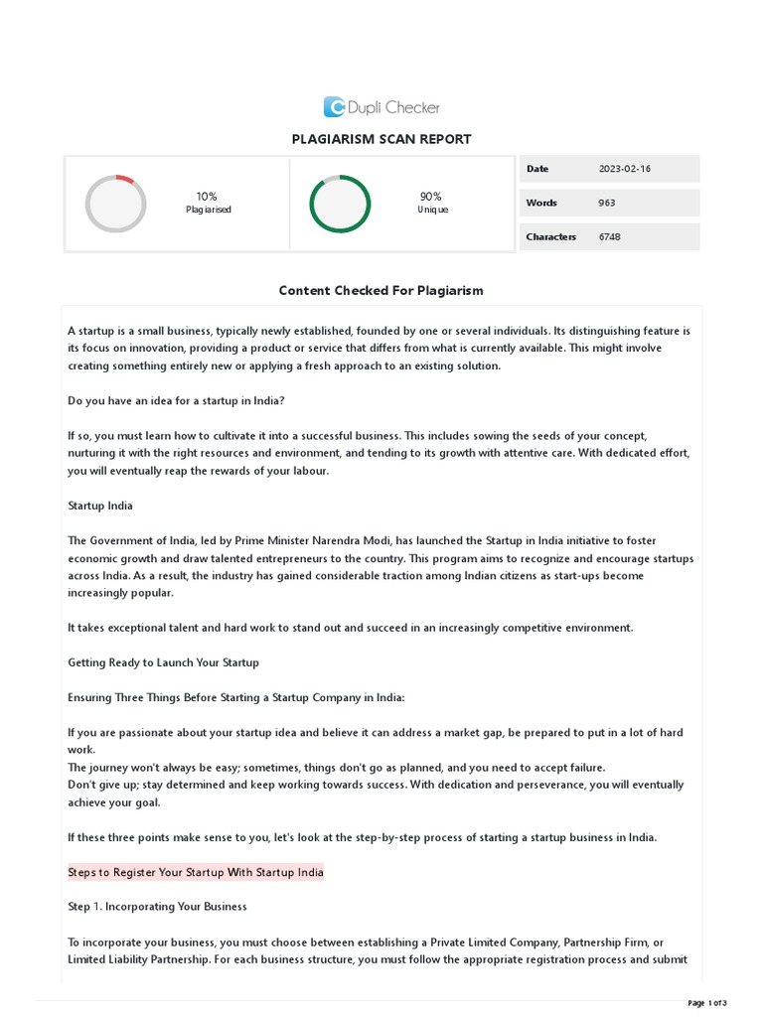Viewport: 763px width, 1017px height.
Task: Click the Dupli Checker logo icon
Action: click(x=335, y=107)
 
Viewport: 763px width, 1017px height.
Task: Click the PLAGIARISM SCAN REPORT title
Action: click(x=381, y=139)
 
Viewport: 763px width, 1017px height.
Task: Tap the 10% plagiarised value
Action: click(x=207, y=197)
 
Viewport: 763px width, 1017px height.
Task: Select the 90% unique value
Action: click(x=431, y=197)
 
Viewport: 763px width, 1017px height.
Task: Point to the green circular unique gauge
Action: click(x=340, y=204)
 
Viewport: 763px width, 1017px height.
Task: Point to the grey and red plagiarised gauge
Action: click(x=115, y=204)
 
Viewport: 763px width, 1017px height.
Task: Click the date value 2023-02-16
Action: click(x=625, y=169)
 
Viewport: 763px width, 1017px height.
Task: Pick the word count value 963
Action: click(x=607, y=203)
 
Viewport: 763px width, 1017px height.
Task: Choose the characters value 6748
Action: click(x=610, y=236)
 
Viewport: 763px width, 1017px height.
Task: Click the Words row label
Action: click(x=541, y=203)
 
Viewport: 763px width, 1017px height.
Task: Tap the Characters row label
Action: click(x=550, y=236)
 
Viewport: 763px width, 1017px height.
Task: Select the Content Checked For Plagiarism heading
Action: click(x=381, y=291)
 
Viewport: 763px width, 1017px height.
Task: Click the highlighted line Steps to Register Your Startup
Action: click(x=196, y=872)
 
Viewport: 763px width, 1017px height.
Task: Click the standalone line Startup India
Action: click(x=100, y=506)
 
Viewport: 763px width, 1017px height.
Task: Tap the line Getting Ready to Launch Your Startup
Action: click(x=163, y=662)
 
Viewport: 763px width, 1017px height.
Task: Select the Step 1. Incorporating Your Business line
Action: click(x=157, y=907)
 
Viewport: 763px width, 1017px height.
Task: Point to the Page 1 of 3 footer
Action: click(x=707, y=1002)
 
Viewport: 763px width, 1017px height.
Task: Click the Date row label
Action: click(x=537, y=169)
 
